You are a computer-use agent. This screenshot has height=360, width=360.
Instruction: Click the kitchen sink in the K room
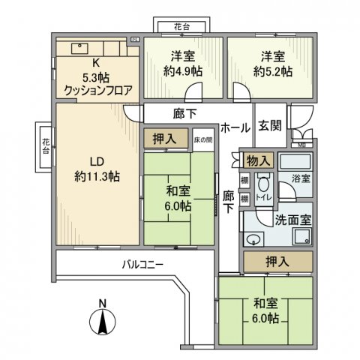[78, 48]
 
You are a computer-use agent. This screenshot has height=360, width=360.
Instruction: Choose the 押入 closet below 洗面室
[276, 262]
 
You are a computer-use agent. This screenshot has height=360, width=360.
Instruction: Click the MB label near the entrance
[301, 144]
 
